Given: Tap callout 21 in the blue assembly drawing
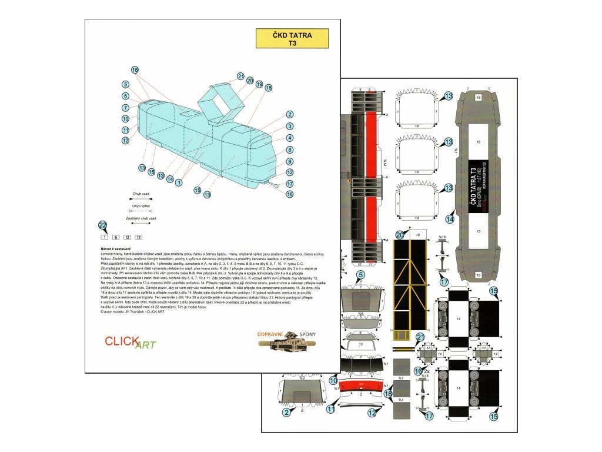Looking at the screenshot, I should pyautogui.click(x=240, y=77).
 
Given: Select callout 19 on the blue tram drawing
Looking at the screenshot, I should pyautogui.click(x=259, y=85).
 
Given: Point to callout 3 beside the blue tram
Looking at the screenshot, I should pyautogui.click(x=290, y=126).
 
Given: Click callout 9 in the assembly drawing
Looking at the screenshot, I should pyautogui.click(x=290, y=161).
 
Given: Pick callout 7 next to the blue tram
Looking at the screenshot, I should pyautogui.click(x=126, y=108).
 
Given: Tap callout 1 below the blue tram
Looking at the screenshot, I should pyautogui.click(x=178, y=182).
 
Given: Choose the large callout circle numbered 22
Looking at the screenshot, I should pyautogui.click(x=103, y=225).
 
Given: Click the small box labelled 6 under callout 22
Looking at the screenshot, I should pyautogui.click(x=116, y=237).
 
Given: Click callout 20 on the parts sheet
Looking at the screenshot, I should pyautogui.click(x=400, y=234).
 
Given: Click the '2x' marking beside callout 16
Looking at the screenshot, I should pyautogui.click(x=427, y=371).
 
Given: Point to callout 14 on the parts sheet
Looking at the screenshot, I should pyautogui.click(x=450, y=219).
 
